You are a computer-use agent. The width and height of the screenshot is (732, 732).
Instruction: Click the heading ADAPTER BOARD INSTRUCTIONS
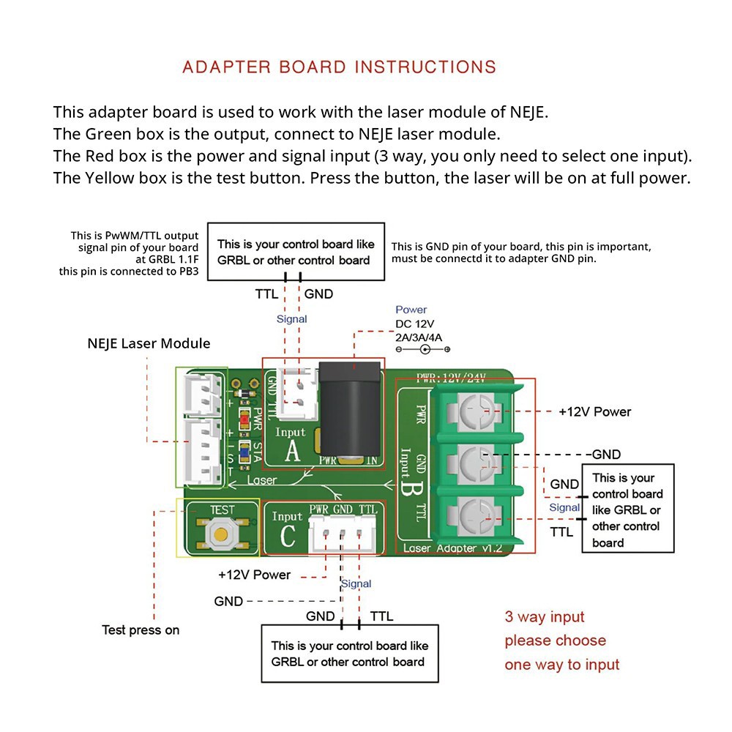tap(339, 67)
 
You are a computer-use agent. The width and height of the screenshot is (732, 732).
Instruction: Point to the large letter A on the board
tap(292, 452)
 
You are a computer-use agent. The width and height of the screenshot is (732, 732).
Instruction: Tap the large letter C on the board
tap(288, 536)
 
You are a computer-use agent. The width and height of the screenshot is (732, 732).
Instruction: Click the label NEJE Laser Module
tap(149, 343)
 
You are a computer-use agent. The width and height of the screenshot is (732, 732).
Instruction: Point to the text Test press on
tap(141, 630)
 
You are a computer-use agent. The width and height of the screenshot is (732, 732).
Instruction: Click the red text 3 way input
tap(545, 616)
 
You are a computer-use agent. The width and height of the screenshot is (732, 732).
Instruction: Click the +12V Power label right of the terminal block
tap(594, 411)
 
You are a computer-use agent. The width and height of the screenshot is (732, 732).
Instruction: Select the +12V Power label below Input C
tap(254, 575)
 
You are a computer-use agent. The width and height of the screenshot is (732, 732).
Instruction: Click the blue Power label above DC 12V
tap(411, 310)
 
